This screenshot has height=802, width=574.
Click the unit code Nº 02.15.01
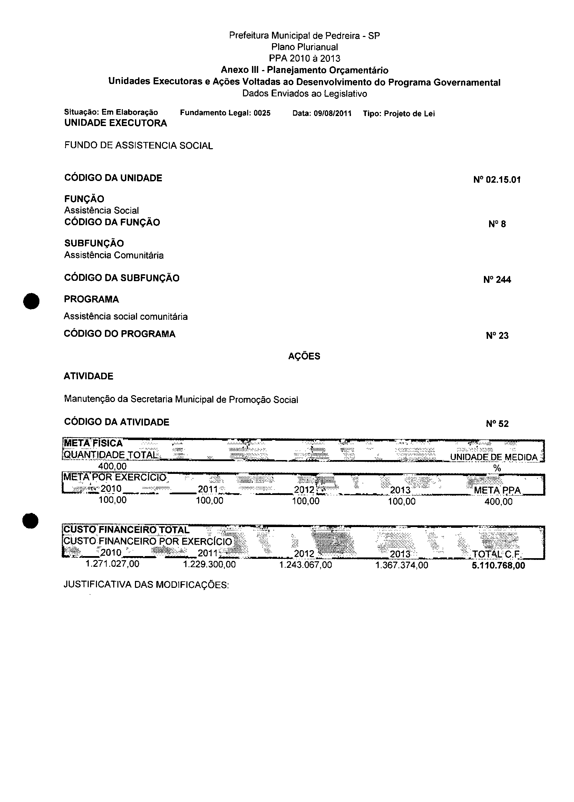497,180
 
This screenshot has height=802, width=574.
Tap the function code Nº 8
497,224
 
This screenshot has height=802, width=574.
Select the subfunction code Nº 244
497,280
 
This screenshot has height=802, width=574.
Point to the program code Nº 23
497,336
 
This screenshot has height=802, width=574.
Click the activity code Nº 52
497,424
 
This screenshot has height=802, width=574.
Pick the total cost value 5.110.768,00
498,565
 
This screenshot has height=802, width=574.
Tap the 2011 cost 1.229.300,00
209,564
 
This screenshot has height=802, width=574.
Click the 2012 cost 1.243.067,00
305,565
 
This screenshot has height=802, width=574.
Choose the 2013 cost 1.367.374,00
401,565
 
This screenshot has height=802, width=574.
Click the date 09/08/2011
332,114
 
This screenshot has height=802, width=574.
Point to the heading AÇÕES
304,356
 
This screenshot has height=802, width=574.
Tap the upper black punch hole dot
31,301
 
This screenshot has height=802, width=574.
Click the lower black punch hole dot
30,521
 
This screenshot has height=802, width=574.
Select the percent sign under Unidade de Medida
497,468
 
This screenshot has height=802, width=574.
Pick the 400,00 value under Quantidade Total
113,466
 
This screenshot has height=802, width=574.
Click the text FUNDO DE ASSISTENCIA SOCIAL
138,146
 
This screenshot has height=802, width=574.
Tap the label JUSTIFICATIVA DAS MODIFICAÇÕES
146,585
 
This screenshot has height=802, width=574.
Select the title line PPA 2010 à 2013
304,58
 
